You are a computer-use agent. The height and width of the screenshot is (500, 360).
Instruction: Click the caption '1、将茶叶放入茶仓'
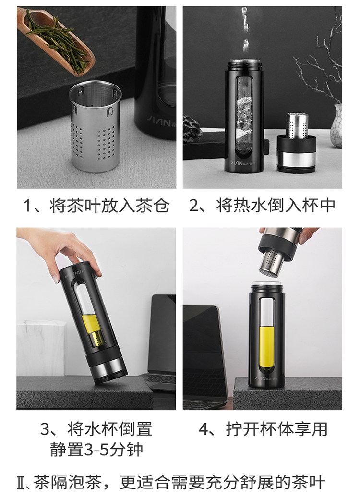[x=96, y=206]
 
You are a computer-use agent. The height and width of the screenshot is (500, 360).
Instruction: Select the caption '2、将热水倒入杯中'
[x=262, y=206]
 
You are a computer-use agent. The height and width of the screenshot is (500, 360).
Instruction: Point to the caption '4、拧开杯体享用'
[x=263, y=429]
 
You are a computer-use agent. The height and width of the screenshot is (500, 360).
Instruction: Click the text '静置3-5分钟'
[x=96, y=450]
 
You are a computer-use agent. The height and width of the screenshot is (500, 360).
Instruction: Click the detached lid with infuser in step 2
[x=296, y=144]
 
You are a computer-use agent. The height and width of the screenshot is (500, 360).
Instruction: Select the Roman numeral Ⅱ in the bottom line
[x=21, y=483]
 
